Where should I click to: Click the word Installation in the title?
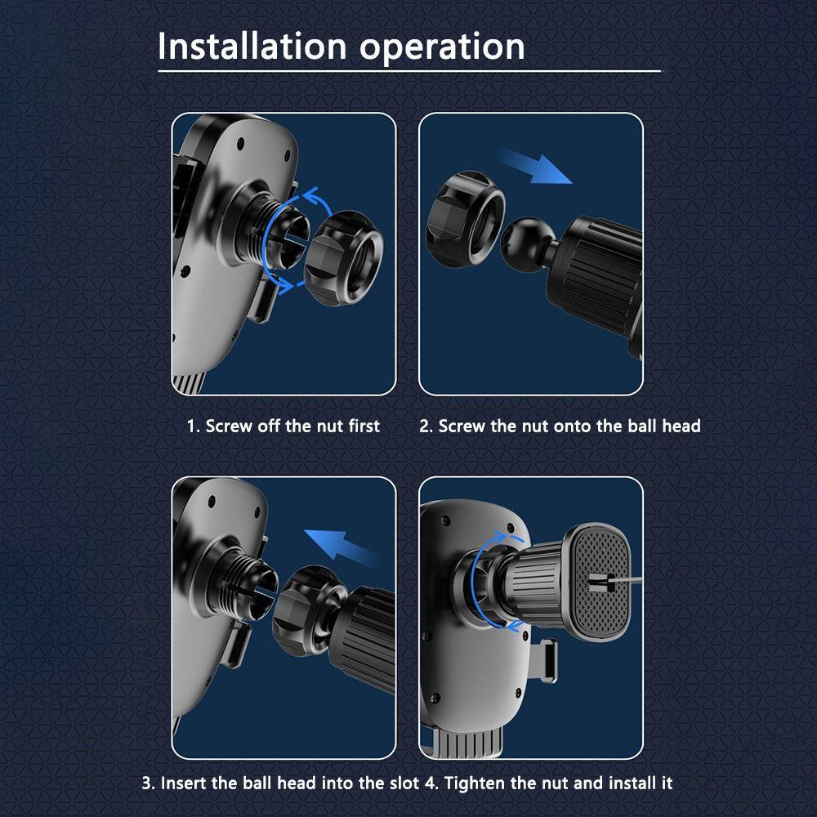pyautogui.click(x=252, y=47)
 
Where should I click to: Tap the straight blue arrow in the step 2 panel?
pyautogui.click(x=535, y=166)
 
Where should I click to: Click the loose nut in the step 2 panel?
pyautogui.click(x=466, y=219)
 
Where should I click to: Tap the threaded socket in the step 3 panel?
pyautogui.click(x=247, y=585)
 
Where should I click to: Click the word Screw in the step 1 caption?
pyautogui.click(x=228, y=426)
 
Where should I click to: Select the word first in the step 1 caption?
pyautogui.click(x=364, y=426)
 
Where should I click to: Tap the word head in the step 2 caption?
pyautogui.click(x=681, y=426)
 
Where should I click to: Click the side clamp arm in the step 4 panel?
pyautogui.click(x=547, y=660)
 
